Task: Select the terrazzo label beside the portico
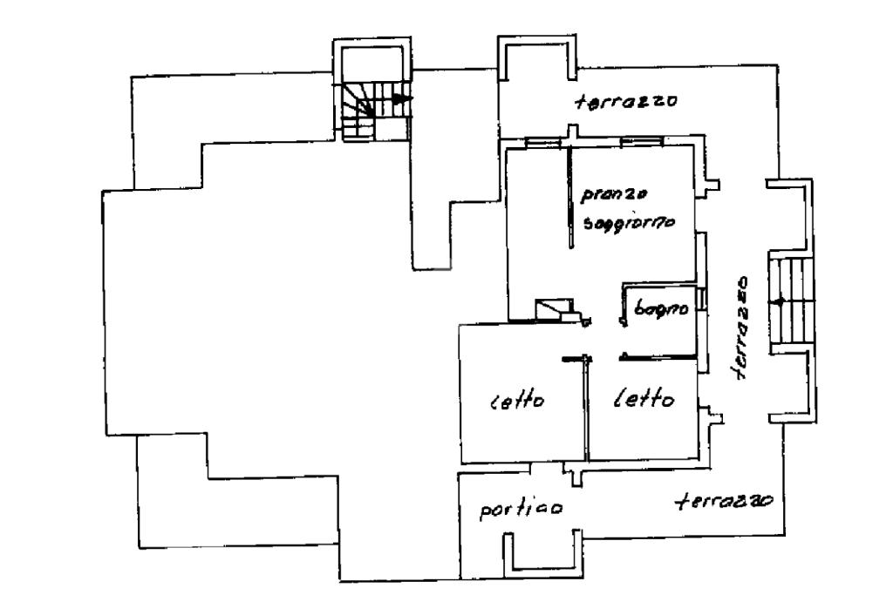[726, 503]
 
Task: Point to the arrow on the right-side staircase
[779, 301]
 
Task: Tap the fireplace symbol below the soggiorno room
[552, 308]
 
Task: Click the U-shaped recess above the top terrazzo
[535, 59]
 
